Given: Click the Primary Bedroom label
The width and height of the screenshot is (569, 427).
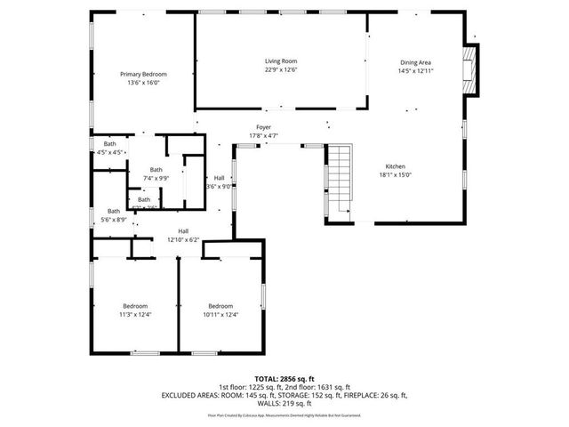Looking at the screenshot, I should pyautogui.click(x=143, y=74).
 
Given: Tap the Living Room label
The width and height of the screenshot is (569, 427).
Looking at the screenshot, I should pyautogui.click(x=280, y=61).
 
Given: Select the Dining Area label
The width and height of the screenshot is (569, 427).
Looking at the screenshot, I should pyautogui.click(x=415, y=62).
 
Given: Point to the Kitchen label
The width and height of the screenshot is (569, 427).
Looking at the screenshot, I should pyautogui.click(x=396, y=167).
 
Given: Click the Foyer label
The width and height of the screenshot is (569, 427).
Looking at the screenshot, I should pyautogui.click(x=264, y=127).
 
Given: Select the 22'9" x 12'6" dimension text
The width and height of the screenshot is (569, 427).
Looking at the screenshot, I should pyautogui.click(x=280, y=69).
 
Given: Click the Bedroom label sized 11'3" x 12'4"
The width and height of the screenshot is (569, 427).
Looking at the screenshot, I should pyautogui.click(x=135, y=305).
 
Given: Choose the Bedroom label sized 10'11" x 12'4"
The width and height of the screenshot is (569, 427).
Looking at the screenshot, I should pyautogui.click(x=220, y=305).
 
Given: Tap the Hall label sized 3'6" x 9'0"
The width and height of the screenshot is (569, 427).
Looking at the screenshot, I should pyautogui.click(x=219, y=178).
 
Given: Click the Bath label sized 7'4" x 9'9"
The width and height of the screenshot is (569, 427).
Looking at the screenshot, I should pyautogui.click(x=156, y=170).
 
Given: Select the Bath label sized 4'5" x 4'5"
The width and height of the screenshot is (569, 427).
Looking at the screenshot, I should pyautogui.click(x=109, y=144).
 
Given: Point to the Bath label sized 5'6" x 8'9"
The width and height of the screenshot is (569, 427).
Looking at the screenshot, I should pyautogui.click(x=114, y=211).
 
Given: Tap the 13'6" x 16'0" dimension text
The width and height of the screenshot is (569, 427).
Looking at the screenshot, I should pyautogui.click(x=143, y=83).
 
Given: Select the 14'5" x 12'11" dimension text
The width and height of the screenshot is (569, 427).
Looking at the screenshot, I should pyautogui.click(x=415, y=70).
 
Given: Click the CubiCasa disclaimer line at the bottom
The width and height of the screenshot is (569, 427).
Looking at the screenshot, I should pyautogui.click(x=284, y=415).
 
